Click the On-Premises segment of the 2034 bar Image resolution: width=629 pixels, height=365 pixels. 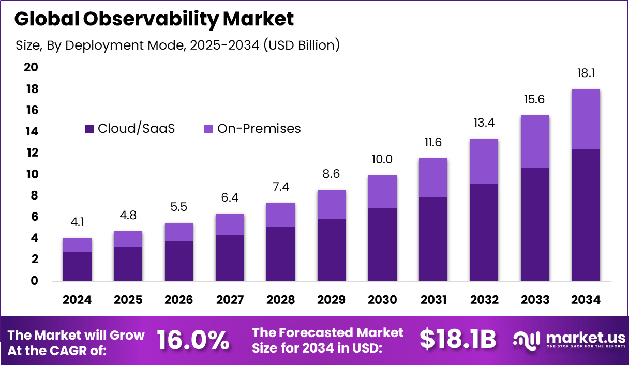(586, 119)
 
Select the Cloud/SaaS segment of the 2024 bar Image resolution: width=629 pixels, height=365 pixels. (77, 267)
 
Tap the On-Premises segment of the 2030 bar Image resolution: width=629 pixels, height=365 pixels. (382, 192)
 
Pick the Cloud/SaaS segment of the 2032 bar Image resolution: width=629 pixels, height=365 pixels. (484, 233)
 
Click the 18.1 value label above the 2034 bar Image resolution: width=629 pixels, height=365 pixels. (586, 73)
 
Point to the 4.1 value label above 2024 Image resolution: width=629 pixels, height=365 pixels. (77, 222)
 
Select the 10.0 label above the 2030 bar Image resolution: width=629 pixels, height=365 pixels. (382, 160)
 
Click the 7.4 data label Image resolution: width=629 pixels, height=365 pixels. (280, 187)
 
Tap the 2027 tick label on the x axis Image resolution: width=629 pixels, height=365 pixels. (230, 300)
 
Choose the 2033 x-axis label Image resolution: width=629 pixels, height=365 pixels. (535, 300)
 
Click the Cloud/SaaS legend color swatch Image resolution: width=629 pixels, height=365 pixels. (90, 129)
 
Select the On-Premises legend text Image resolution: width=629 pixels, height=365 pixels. (259, 129)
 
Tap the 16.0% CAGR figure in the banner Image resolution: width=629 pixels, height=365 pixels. (192, 340)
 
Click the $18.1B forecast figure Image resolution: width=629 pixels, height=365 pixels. (457, 340)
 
